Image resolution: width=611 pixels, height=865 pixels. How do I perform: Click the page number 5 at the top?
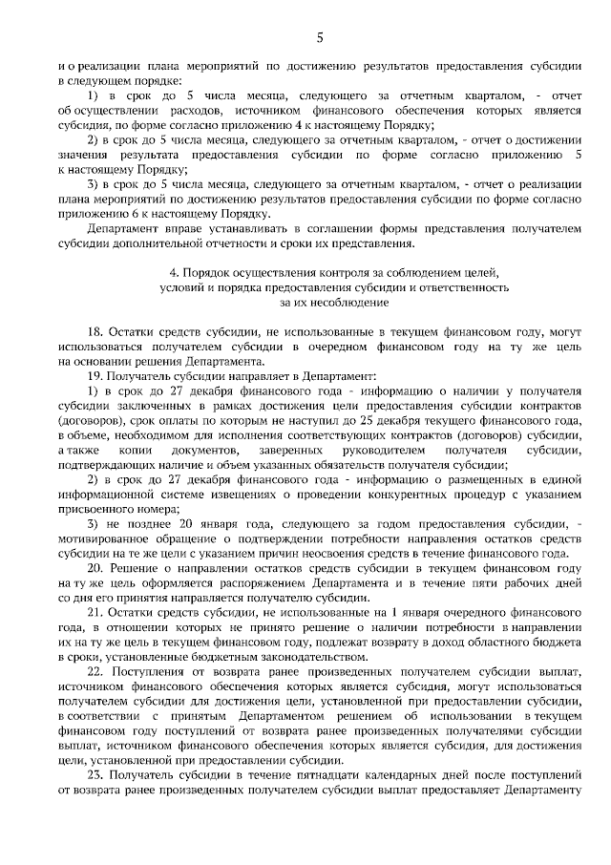[320, 37]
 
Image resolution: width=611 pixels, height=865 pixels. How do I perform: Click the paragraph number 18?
[94, 329]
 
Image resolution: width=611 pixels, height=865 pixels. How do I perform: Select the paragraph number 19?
[94, 377]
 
